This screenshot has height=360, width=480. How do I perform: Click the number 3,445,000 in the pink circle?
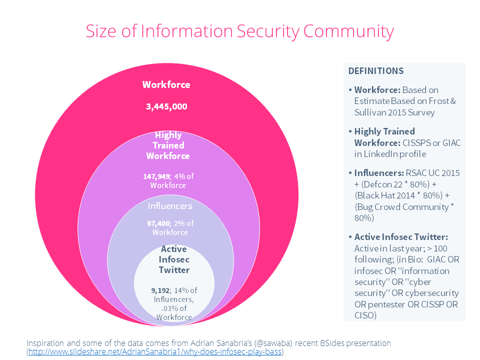click(x=166, y=107)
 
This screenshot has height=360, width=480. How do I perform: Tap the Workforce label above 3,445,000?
click(x=166, y=84)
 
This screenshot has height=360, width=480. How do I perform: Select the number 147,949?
click(x=156, y=176)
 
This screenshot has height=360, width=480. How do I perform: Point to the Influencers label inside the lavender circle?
click(x=170, y=206)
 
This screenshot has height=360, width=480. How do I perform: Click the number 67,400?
click(x=158, y=223)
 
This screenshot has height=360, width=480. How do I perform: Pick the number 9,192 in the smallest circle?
click(x=160, y=290)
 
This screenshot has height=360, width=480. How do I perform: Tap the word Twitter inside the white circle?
click(x=174, y=270)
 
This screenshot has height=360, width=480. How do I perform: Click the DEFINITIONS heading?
click(x=376, y=71)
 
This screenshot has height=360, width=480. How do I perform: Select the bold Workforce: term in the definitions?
click(x=377, y=90)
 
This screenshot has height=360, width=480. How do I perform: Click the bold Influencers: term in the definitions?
click(x=379, y=173)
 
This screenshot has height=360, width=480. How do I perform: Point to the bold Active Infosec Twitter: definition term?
click(x=401, y=237)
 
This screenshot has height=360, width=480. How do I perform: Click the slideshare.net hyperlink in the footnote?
click(x=155, y=351)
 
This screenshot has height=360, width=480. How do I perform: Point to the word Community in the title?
click(x=348, y=32)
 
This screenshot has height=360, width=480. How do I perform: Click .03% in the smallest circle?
click(x=169, y=308)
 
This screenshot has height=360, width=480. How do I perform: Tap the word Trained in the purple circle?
click(x=168, y=145)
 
